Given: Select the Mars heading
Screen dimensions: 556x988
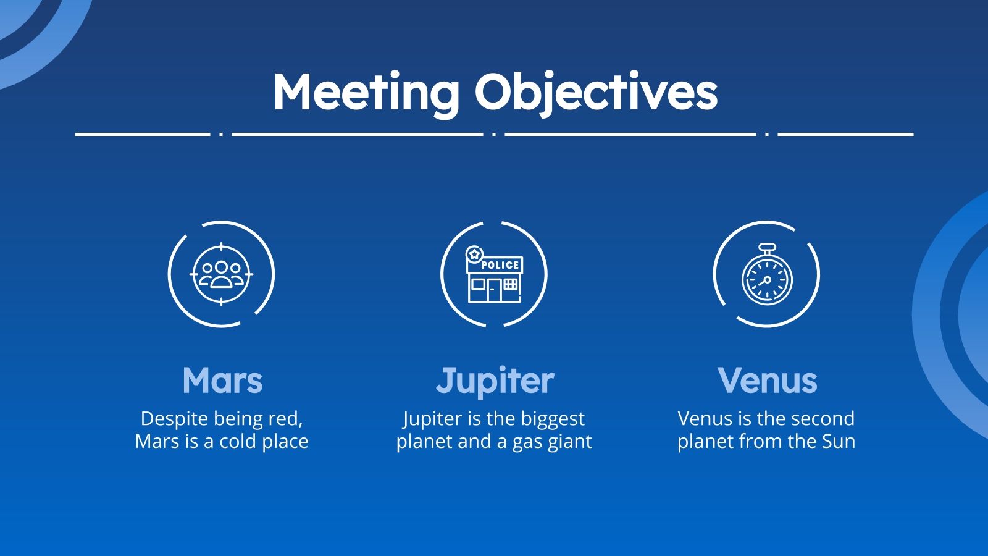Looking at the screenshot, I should tap(222, 380).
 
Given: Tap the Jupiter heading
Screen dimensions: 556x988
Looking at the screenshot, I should tap(495, 380).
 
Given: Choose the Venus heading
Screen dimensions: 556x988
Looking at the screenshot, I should tap(767, 380).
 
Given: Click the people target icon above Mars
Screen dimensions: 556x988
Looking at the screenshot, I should tap(221, 274).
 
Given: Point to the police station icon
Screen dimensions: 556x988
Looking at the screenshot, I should tap(494, 275).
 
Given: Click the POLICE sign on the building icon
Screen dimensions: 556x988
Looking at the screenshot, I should tap(500, 265).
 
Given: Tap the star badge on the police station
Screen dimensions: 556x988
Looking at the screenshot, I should tap(474, 254).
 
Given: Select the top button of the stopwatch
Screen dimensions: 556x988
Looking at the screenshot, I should tap(766, 248).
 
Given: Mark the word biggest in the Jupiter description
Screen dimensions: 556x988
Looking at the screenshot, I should tap(553, 419).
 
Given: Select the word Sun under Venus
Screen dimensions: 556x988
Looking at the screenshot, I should tap(838, 441).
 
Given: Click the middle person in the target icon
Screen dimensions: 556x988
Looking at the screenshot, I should tap(221, 272).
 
